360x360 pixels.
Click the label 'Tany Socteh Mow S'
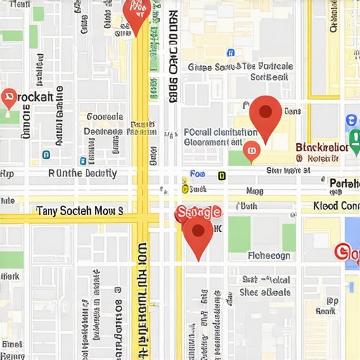[x=79, y=210]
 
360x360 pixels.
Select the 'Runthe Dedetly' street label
[x=82, y=173]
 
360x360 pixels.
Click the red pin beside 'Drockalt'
[x=9, y=99]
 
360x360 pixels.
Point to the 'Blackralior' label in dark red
[x=322, y=148]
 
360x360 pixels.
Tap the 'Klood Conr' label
[x=335, y=206]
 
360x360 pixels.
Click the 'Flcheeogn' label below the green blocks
[x=269, y=256]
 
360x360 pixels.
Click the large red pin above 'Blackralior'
[x=265, y=117]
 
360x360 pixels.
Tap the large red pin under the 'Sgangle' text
[x=198, y=236]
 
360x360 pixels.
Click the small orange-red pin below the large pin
[x=251, y=150]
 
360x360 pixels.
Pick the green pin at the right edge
[x=353, y=121]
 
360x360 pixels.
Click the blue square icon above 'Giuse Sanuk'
[x=231, y=53]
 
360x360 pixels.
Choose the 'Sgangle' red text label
[x=199, y=212]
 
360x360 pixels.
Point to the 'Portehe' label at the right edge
[x=344, y=184]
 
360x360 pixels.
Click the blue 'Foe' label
[x=198, y=174]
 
